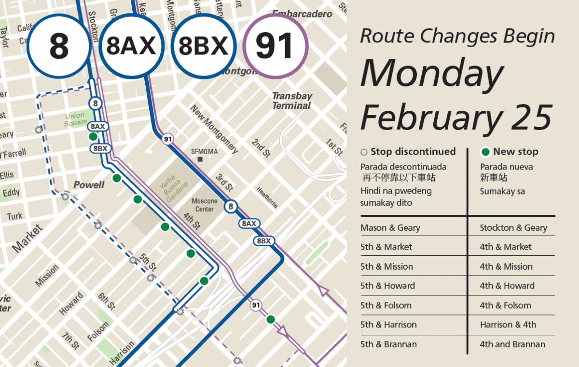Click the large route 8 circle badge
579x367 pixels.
59,47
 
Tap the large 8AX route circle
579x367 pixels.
131,47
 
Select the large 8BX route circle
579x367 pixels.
203,47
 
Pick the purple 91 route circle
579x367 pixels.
275,47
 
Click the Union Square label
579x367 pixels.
74,119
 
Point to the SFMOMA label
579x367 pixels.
204,151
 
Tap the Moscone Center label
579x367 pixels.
205,205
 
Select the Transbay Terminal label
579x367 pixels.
291,101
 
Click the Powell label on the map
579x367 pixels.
89,185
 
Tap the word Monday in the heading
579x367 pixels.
432,74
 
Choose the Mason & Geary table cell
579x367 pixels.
390,228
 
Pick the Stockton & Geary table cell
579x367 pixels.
513,228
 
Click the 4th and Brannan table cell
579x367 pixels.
512,344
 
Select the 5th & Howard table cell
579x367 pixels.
387,286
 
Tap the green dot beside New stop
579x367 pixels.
485,152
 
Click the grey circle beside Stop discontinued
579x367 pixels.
364,152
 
